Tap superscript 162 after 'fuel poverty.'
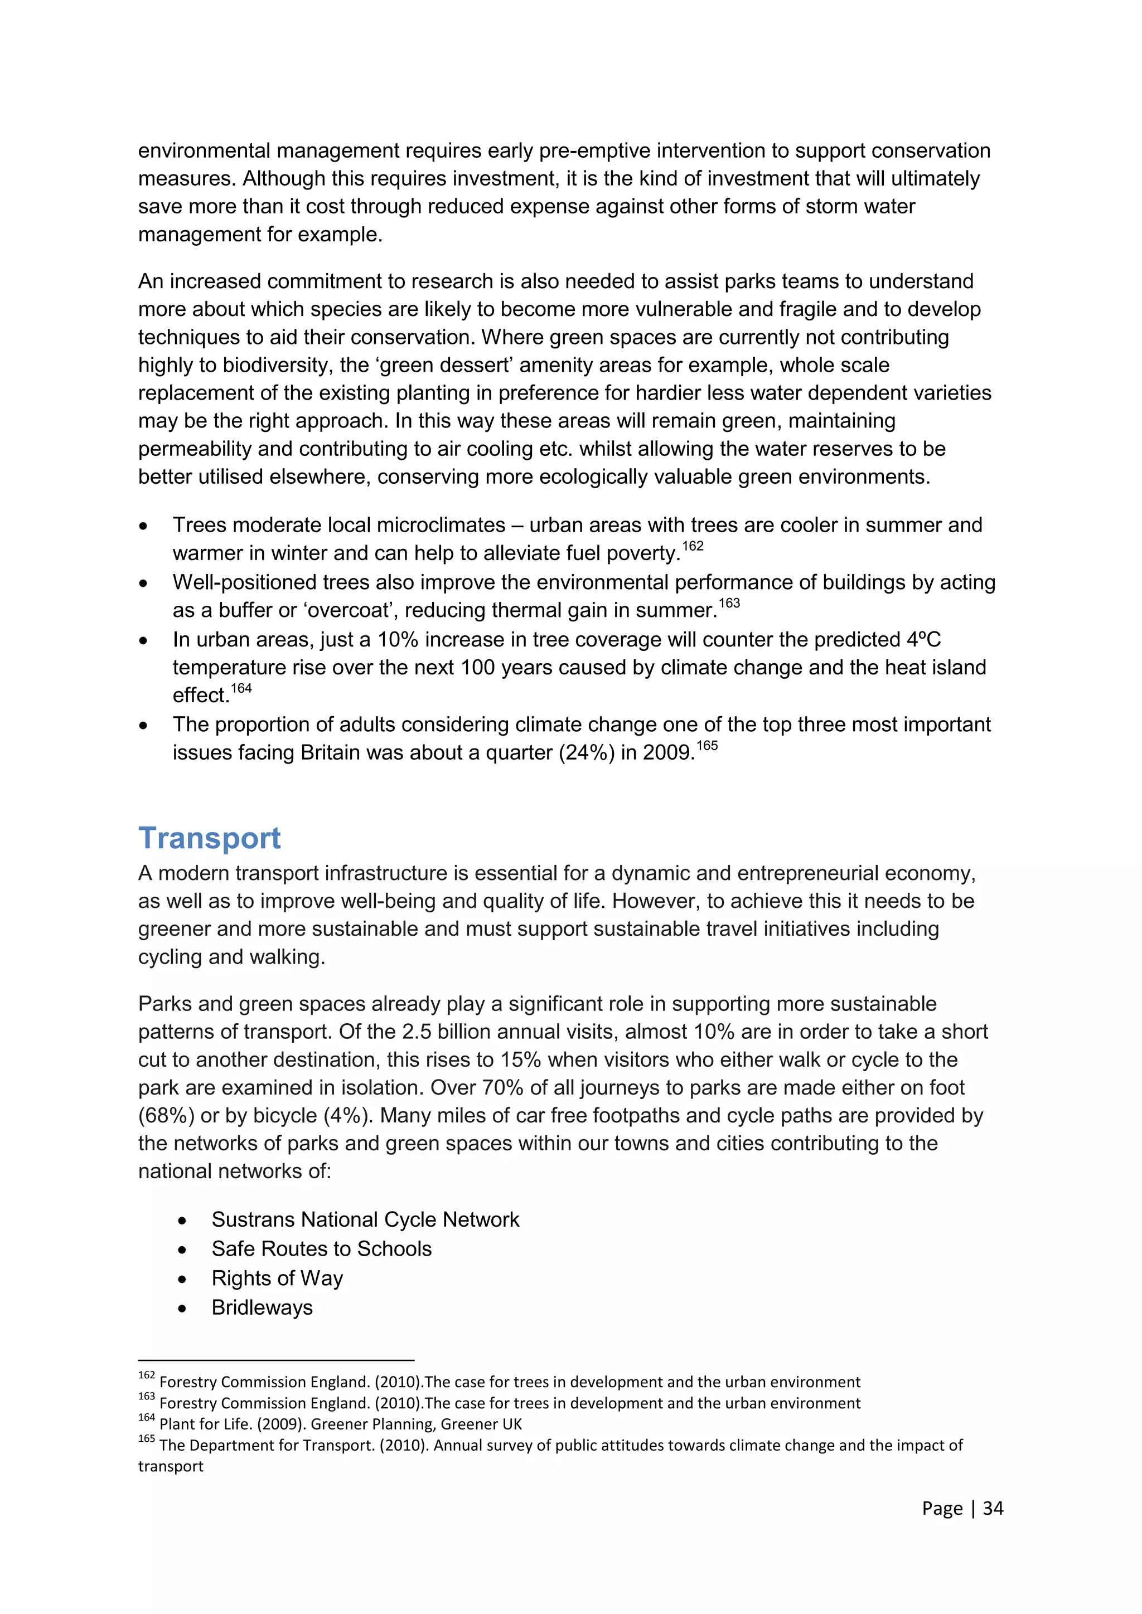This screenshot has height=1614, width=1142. tap(693, 546)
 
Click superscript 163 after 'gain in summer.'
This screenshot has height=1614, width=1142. tap(729, 603)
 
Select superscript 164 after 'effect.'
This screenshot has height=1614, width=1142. tap(241, 688)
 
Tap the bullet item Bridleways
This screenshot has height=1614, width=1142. tap(262, 1307)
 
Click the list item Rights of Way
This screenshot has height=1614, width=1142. tap(277, 1278)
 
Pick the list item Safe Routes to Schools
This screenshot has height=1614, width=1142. tap(321, 1249)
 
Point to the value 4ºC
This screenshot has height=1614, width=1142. tap(923, 640)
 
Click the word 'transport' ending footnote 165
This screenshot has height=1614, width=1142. tap(171, 1466)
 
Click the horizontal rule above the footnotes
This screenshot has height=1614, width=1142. tap(275, 1360)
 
